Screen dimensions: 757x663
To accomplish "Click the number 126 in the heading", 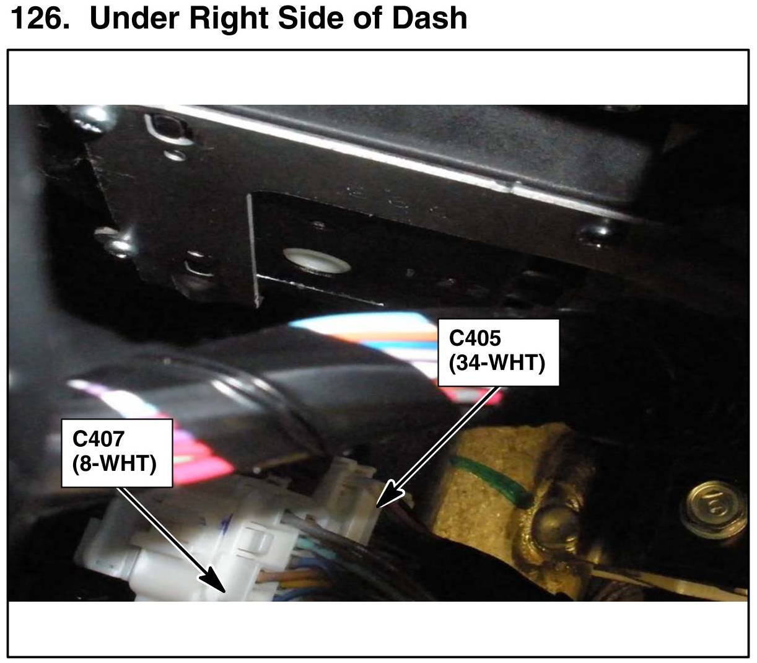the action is (38, 17).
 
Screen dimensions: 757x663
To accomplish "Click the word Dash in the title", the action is (429, 17).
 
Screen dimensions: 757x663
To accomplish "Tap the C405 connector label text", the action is (475, 338).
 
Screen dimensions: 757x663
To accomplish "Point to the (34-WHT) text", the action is (497, 362).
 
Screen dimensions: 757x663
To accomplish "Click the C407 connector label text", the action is (98, 439).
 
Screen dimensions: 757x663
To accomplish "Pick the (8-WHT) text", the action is (114, 463).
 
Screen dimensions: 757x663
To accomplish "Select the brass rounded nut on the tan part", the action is (554, 527).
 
